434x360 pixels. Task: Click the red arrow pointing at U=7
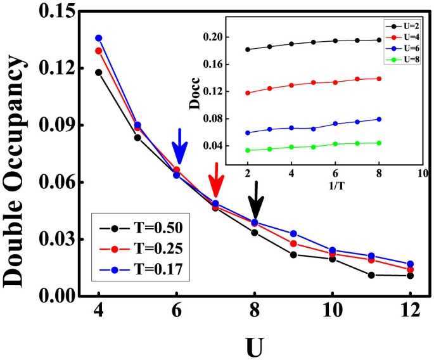tap(216, 179)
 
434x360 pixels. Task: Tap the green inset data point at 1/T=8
tap(379, 143)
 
